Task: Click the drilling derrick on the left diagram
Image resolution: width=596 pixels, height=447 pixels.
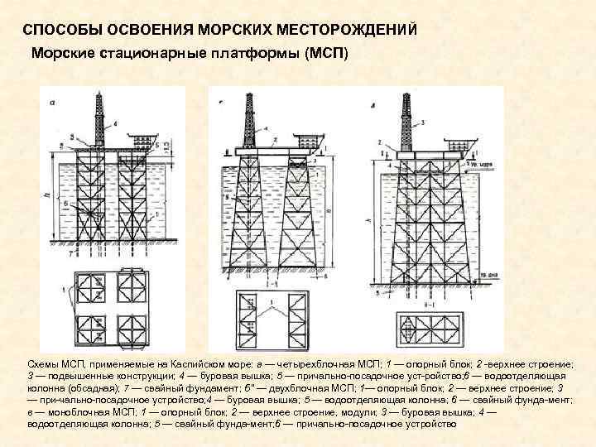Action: [x=99, y=121]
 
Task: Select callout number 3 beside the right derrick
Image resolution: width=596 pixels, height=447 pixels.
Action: [x=423, y=123]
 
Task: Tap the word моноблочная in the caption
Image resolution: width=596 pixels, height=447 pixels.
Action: [x=67, y=411]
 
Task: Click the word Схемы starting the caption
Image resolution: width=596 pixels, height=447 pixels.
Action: [x=41, y=364]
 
